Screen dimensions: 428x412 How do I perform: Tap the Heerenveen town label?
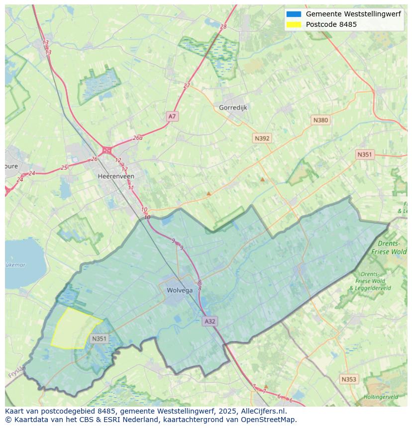click(116, 176)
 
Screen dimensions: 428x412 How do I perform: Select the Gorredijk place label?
click(233, 107)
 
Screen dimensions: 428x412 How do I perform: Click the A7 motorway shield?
click(172, 116)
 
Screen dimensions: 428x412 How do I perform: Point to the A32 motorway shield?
click(210, 321)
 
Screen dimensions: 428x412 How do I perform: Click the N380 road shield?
click(320, 120)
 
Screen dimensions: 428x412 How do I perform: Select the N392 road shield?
click(262, 138)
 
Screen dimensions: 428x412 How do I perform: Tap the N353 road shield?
click(349, 379)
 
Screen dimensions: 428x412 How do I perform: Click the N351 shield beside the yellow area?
click(99, 339)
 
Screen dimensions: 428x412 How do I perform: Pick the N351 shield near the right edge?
click(364, 155)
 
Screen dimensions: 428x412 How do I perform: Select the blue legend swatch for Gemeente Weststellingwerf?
click(294, 14)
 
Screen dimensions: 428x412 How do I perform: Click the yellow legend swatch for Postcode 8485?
click(294, 24)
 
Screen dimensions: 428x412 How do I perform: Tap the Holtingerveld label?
click(381, 397)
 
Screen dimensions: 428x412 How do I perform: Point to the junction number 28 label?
click(223, 26)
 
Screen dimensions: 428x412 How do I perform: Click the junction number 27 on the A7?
click(187, 86)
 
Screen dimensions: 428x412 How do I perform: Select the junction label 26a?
click(137, 138)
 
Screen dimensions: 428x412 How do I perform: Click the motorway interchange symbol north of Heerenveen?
click(106, 150)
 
